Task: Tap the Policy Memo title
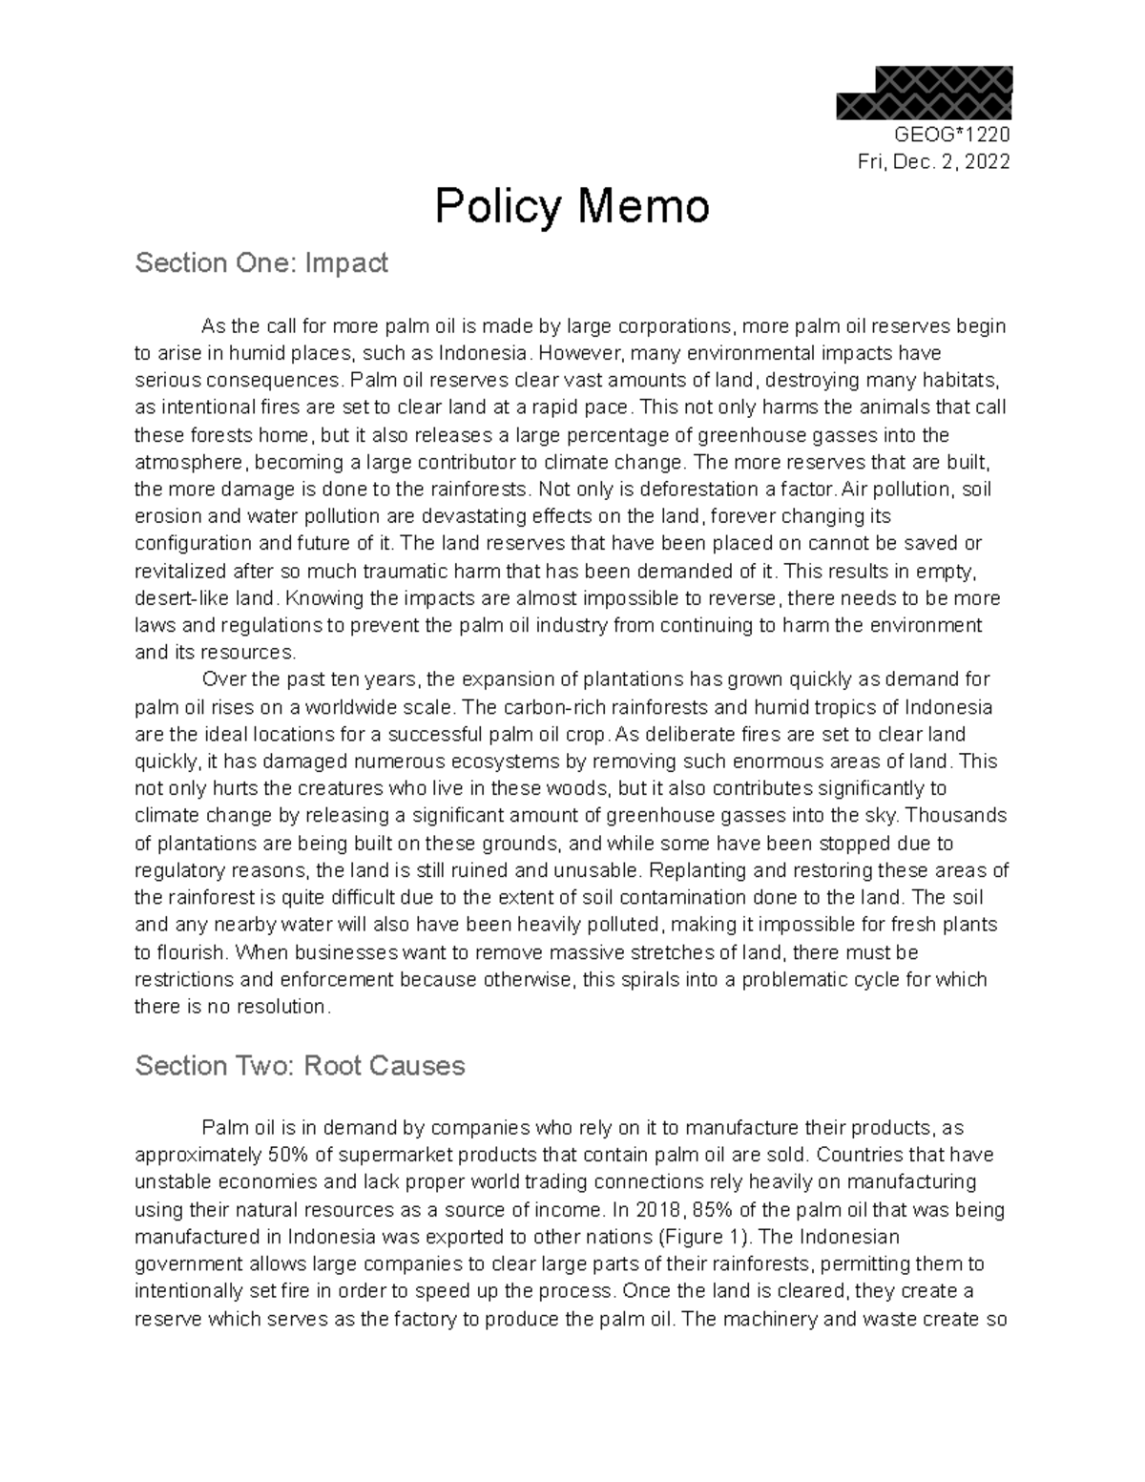[x=572, y=207]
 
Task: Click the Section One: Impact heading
[x=261, y=263]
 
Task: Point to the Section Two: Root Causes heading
[x=300, y=1065]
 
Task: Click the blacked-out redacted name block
[x=924, y=93]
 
